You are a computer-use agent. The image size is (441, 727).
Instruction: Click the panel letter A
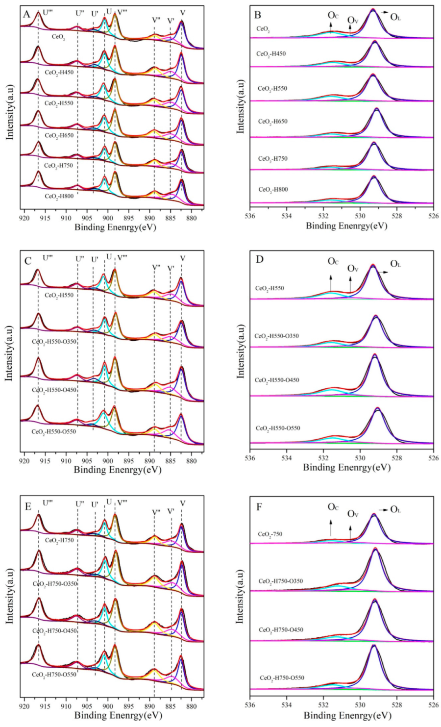(x=27, y=15)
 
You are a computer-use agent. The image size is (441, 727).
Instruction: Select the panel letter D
(x=259, y=259)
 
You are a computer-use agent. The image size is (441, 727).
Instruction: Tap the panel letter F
(x=259, y=506)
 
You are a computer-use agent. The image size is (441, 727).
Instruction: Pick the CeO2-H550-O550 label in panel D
(x=278, y=428)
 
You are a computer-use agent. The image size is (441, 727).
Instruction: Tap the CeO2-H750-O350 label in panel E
(x=55, y=584)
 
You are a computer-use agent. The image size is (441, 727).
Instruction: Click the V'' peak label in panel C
(x=156, y=267)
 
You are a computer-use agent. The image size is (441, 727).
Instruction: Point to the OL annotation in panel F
(x=395, y=510)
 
